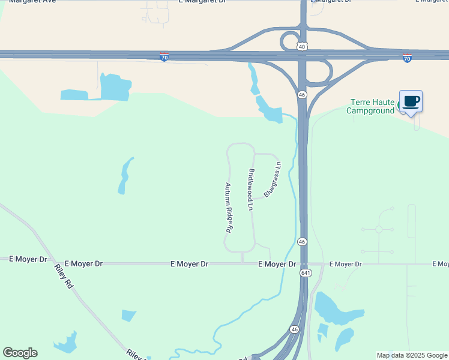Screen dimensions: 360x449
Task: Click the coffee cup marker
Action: (x=411, y=101)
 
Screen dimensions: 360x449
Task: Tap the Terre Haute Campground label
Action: (x=373, y=106)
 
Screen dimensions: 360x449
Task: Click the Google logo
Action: (x=20, y=353)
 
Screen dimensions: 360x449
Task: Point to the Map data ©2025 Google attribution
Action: (x=412, y=355)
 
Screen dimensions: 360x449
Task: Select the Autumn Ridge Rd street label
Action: (x=229, y=208)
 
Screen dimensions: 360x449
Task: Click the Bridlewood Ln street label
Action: (x=250, y=190)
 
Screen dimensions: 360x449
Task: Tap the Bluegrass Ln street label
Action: (x=272, y=179)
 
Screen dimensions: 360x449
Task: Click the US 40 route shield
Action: (x=303, y=46)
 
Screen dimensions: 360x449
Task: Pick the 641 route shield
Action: (x=306, y=273)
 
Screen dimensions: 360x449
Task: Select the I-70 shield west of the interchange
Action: (x=164, y=58)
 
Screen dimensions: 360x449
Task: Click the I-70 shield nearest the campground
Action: (x=407, y=58)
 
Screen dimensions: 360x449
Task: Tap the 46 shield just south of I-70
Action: (x=303, y=95)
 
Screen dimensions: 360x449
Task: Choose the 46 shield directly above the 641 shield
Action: (x=303, y=241)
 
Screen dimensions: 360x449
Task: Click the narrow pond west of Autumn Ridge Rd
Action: (x=125, y=176)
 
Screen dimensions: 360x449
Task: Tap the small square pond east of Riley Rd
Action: (x=128, y=316)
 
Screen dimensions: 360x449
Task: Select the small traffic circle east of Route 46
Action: (x=379, y=229)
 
